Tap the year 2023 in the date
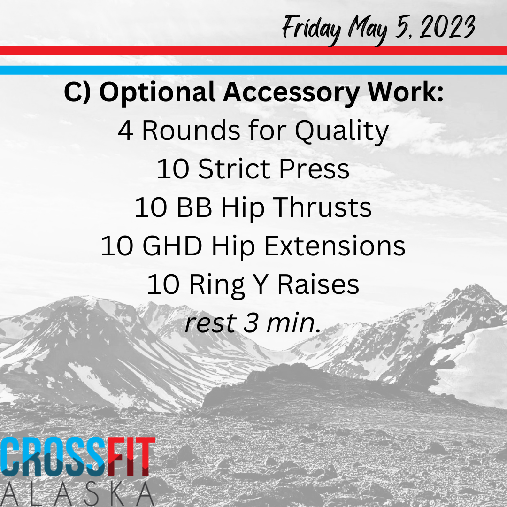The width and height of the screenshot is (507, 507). coord(447,26)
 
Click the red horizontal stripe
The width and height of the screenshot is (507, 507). coord(253,51)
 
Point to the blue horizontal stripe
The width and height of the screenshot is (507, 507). coord(253,70)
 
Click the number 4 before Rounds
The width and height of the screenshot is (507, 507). coord(125,131)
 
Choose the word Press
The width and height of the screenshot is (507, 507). coord(314,169)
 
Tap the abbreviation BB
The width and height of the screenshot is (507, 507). coord(194,207)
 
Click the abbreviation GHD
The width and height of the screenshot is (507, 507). coord(172,246)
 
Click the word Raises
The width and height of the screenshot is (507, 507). coord(318,284)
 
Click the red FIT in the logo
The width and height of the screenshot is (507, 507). coord(131,457)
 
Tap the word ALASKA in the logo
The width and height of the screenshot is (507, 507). coord(77,494)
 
